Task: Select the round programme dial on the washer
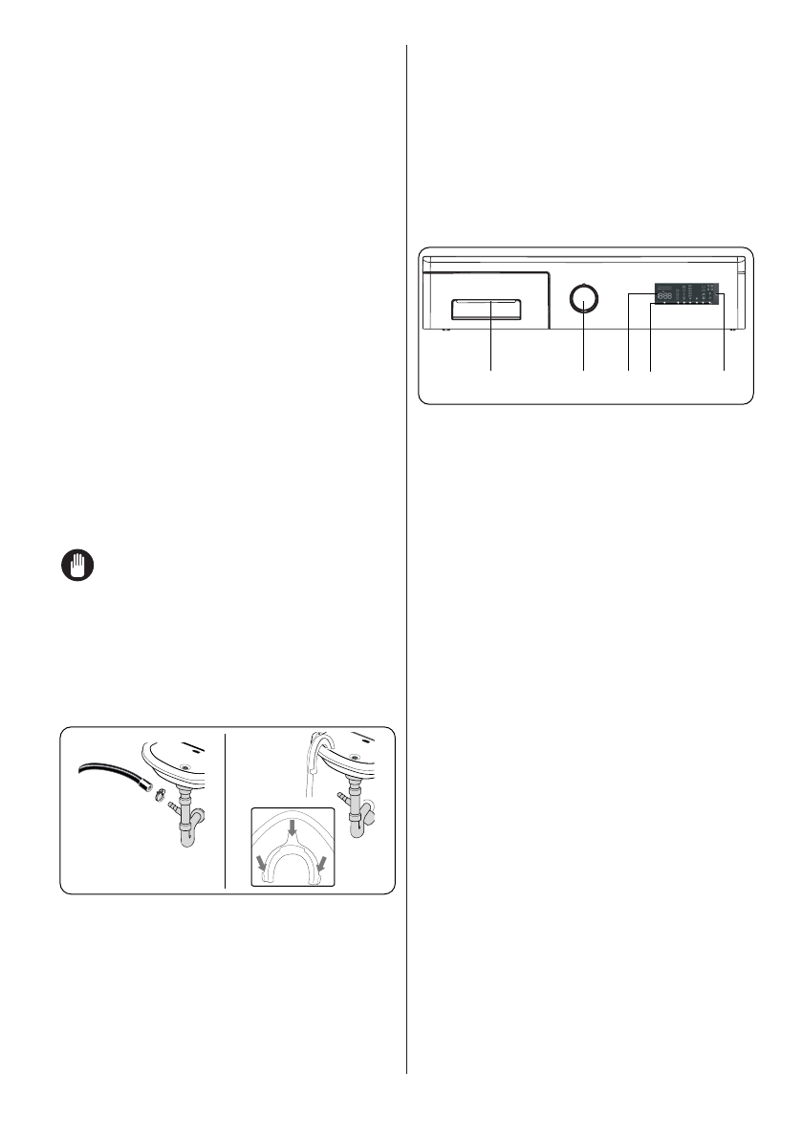tap(583, 300)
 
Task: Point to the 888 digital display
tap(666, 295)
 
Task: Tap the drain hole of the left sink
tap(186, 766)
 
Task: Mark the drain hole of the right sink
tap(356, 758)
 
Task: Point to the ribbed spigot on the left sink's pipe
tap(175, 809)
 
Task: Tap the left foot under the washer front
tap(446, 331)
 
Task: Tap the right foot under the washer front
tap(732, 331)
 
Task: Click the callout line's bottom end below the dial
tap(583, 370)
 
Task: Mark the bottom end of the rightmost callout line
tap(723, 370)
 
